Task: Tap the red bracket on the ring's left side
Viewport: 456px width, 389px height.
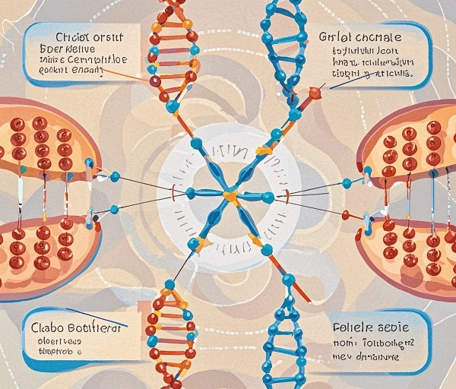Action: point(174,194)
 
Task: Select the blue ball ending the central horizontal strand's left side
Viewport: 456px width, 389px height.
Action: point(190,193)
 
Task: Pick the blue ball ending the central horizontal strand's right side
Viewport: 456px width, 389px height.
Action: point(268,198)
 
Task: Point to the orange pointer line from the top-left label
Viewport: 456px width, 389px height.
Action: point(122,74)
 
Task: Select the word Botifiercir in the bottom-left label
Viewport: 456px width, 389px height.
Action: point(94,327)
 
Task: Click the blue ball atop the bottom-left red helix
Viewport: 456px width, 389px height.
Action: point(169,285)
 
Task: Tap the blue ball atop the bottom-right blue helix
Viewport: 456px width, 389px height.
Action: point(288,282)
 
